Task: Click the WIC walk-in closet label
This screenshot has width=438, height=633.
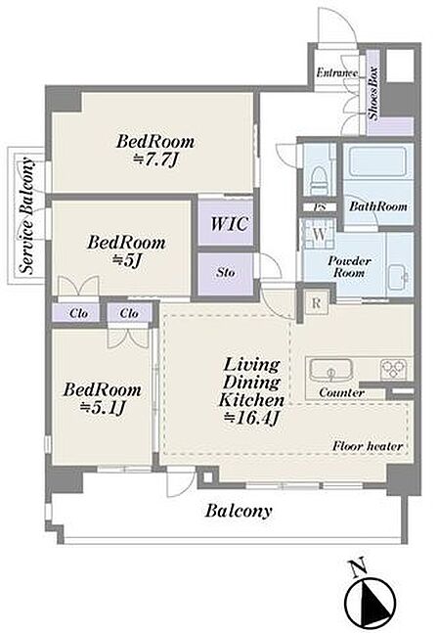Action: point(229,223)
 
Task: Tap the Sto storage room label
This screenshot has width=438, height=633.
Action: point(226,273)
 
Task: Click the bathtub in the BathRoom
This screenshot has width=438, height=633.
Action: point(377,161)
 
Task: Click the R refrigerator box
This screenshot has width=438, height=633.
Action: point(316,303)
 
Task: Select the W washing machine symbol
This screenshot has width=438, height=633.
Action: point(319,234)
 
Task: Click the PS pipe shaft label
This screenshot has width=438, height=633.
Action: point(320,207)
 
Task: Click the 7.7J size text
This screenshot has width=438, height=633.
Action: point(155,159)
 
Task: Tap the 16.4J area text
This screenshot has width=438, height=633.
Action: point(251,418)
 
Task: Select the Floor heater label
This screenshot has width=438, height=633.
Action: point(368,446)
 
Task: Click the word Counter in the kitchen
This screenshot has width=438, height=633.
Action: point(341,392)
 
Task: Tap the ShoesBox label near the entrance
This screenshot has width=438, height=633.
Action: point(373,93)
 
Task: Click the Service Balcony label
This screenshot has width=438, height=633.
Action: point(27,215)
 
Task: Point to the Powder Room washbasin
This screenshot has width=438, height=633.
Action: point(399,274)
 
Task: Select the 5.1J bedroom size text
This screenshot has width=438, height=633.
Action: point(103,408)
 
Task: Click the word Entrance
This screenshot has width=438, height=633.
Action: point(337,73)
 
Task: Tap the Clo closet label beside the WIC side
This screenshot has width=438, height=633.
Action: point(129,313)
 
